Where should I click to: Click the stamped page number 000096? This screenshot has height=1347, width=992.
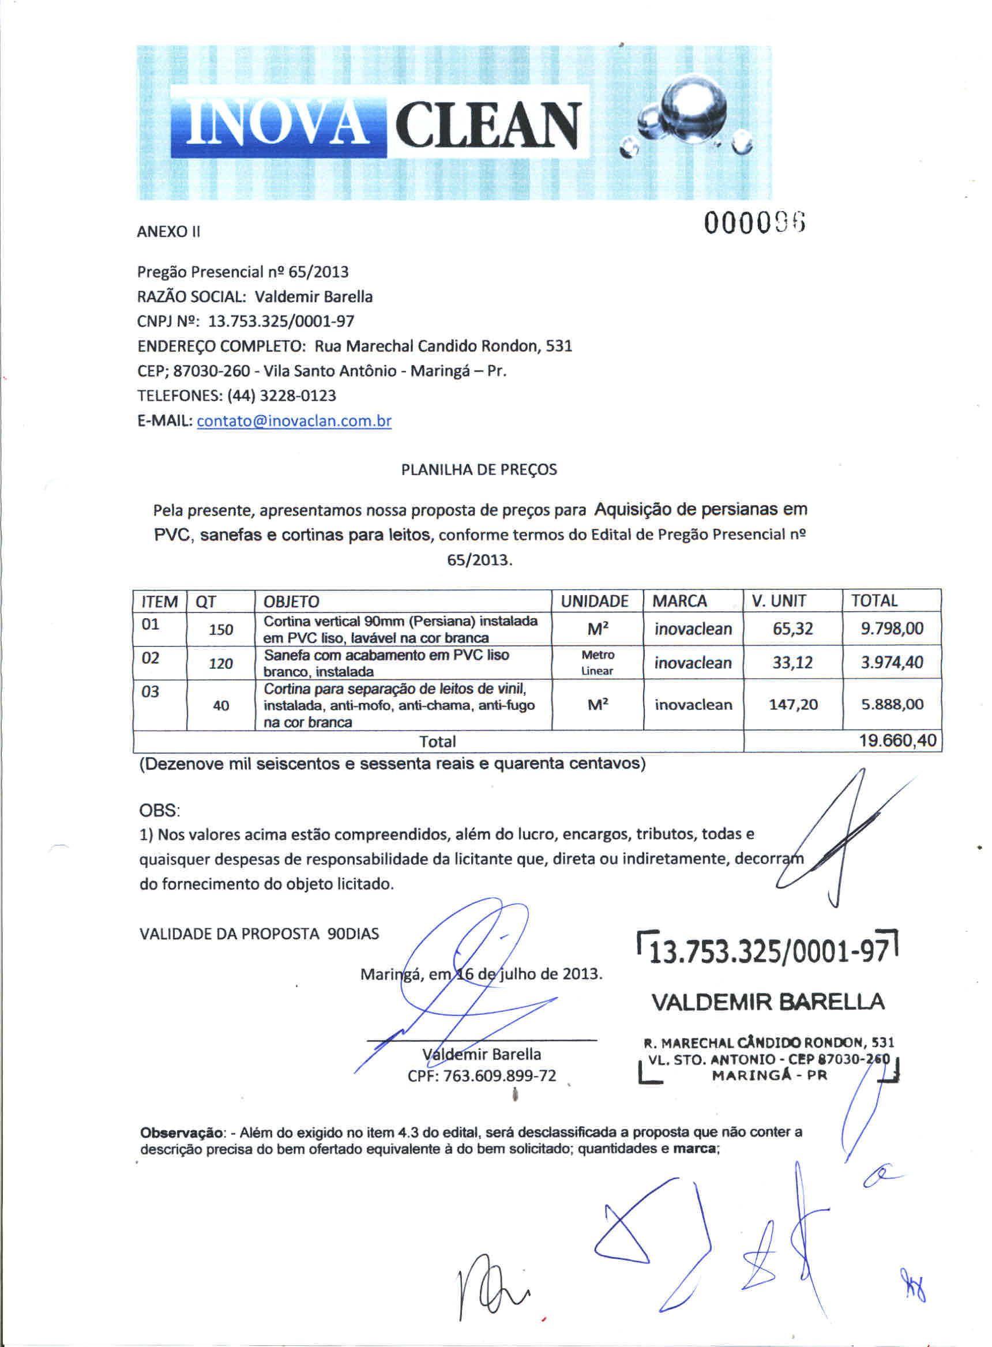pos(754,223)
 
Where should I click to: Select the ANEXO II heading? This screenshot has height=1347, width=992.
pos(168,232)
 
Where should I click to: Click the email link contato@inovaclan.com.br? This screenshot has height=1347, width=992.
pos(294,422)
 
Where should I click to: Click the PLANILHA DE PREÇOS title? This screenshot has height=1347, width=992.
pos(479,469)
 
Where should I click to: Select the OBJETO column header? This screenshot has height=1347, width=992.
pos(292,601)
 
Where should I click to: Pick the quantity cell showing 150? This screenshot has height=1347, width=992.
pos(221,630)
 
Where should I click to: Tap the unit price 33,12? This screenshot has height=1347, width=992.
pos(792,663)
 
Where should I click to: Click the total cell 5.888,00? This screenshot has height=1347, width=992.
pos(892,705)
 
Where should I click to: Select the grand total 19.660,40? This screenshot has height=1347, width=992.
pos(897,741)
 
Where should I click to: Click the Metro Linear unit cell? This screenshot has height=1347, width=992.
pos(598,663)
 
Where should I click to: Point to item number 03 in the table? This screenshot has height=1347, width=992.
pos(150,692)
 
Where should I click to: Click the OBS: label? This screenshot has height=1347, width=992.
pos(159,810)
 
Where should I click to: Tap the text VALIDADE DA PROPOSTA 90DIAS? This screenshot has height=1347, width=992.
pos(259,934)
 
